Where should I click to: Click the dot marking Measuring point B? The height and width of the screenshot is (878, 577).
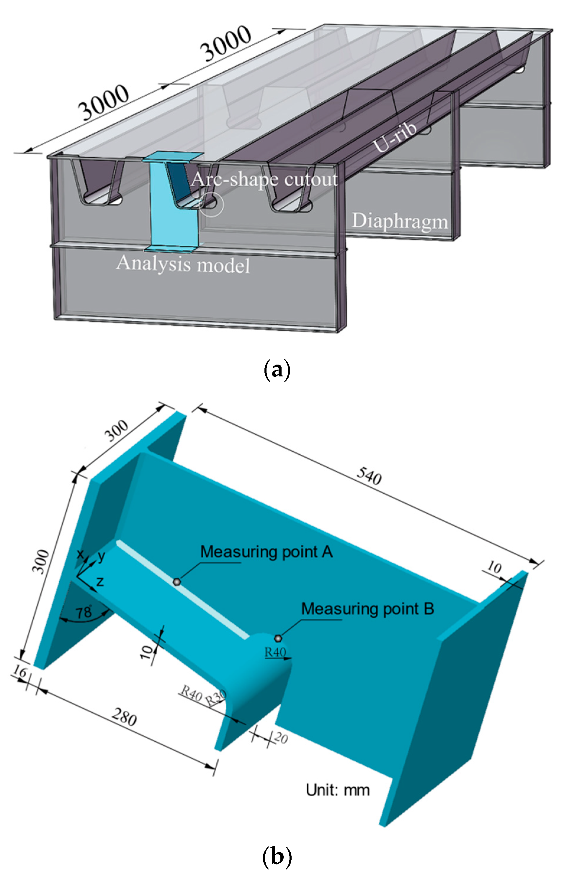278,638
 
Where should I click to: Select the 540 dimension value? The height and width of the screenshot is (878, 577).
369,477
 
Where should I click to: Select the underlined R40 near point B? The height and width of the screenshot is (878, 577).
275,652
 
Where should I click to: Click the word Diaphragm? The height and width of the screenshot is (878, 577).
400,222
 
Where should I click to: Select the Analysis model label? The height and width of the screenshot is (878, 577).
183,265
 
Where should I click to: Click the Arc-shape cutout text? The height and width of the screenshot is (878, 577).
264,180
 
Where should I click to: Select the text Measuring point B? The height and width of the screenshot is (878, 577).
367,609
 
